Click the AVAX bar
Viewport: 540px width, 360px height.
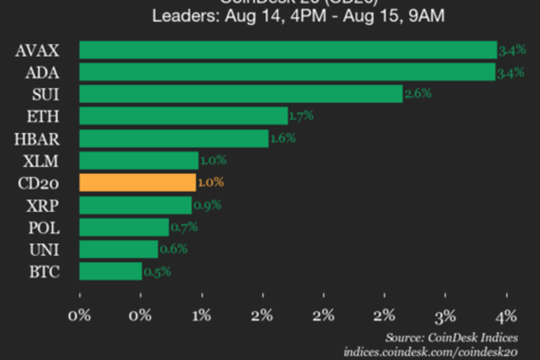(x=288, y=50)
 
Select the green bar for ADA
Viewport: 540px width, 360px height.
(x=288, y=72)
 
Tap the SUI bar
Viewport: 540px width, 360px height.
(x=241, y=94)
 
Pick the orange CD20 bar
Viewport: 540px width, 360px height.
(x=138, y=182)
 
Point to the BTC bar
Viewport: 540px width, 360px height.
(x=111, y=272)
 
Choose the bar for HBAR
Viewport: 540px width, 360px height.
(x=173, y=138)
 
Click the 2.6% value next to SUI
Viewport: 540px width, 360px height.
(x=418, y=95)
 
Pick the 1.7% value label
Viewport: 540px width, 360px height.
(x=301, y=116)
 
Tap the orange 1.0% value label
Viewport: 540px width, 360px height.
(x=210, y=182)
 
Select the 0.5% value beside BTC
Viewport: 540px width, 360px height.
(x=157, y=272)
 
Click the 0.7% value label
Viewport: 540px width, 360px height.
(x=183, y=228)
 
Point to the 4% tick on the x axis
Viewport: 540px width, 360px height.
(x=506, y=315)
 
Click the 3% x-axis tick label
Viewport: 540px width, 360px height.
(x=446, y=315)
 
